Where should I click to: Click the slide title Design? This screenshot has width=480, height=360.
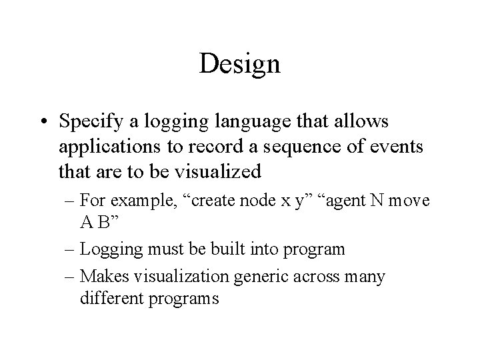[239, 65]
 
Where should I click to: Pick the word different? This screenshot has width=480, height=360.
[107, 298]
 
